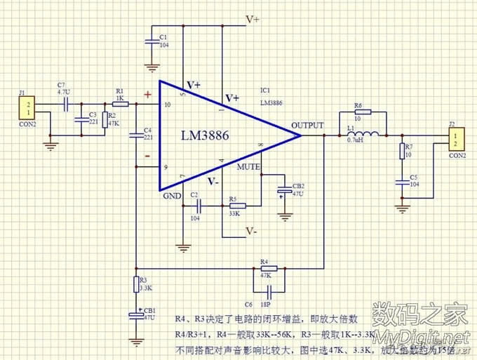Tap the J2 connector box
(x=456, y=138)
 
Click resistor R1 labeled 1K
(x=120, y=103)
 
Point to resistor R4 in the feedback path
(x=264, y=268)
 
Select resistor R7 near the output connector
(x=402, y=151)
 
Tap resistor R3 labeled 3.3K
(x=135, y=284)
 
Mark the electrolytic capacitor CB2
(x=285, y=190)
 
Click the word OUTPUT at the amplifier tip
(x=307, y=126)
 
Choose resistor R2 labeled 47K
(x=105, y=120)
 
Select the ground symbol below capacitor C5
(x=402, y=207)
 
